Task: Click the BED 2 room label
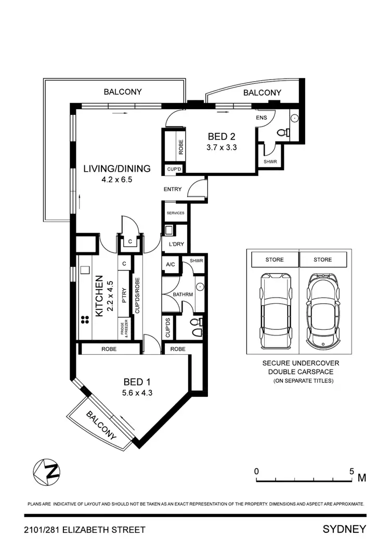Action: (222, 137)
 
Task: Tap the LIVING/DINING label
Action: (117, 169)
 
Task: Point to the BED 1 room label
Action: (137, 380)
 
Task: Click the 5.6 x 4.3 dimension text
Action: (137, 393)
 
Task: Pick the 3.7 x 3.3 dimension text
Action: (222, 148)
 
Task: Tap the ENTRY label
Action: (172, 189)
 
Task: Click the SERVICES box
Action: (175, 213)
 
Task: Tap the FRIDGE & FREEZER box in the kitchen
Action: (124, 327)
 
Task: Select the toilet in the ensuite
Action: (284, 133)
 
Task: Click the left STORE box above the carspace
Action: (274, 260)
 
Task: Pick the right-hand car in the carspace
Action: (322, 312)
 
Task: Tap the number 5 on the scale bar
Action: (352, 471)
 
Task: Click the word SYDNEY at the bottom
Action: (344, 530)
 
